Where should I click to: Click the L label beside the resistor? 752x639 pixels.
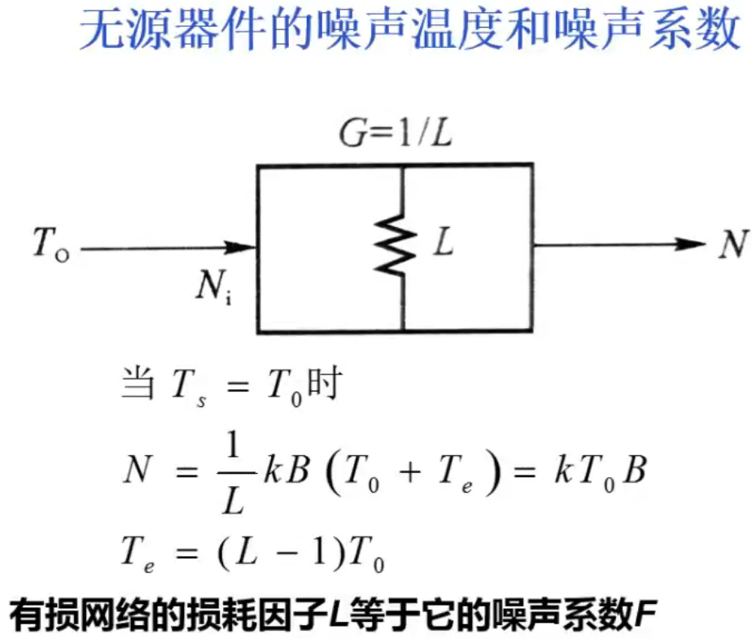[x=443, y=243]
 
